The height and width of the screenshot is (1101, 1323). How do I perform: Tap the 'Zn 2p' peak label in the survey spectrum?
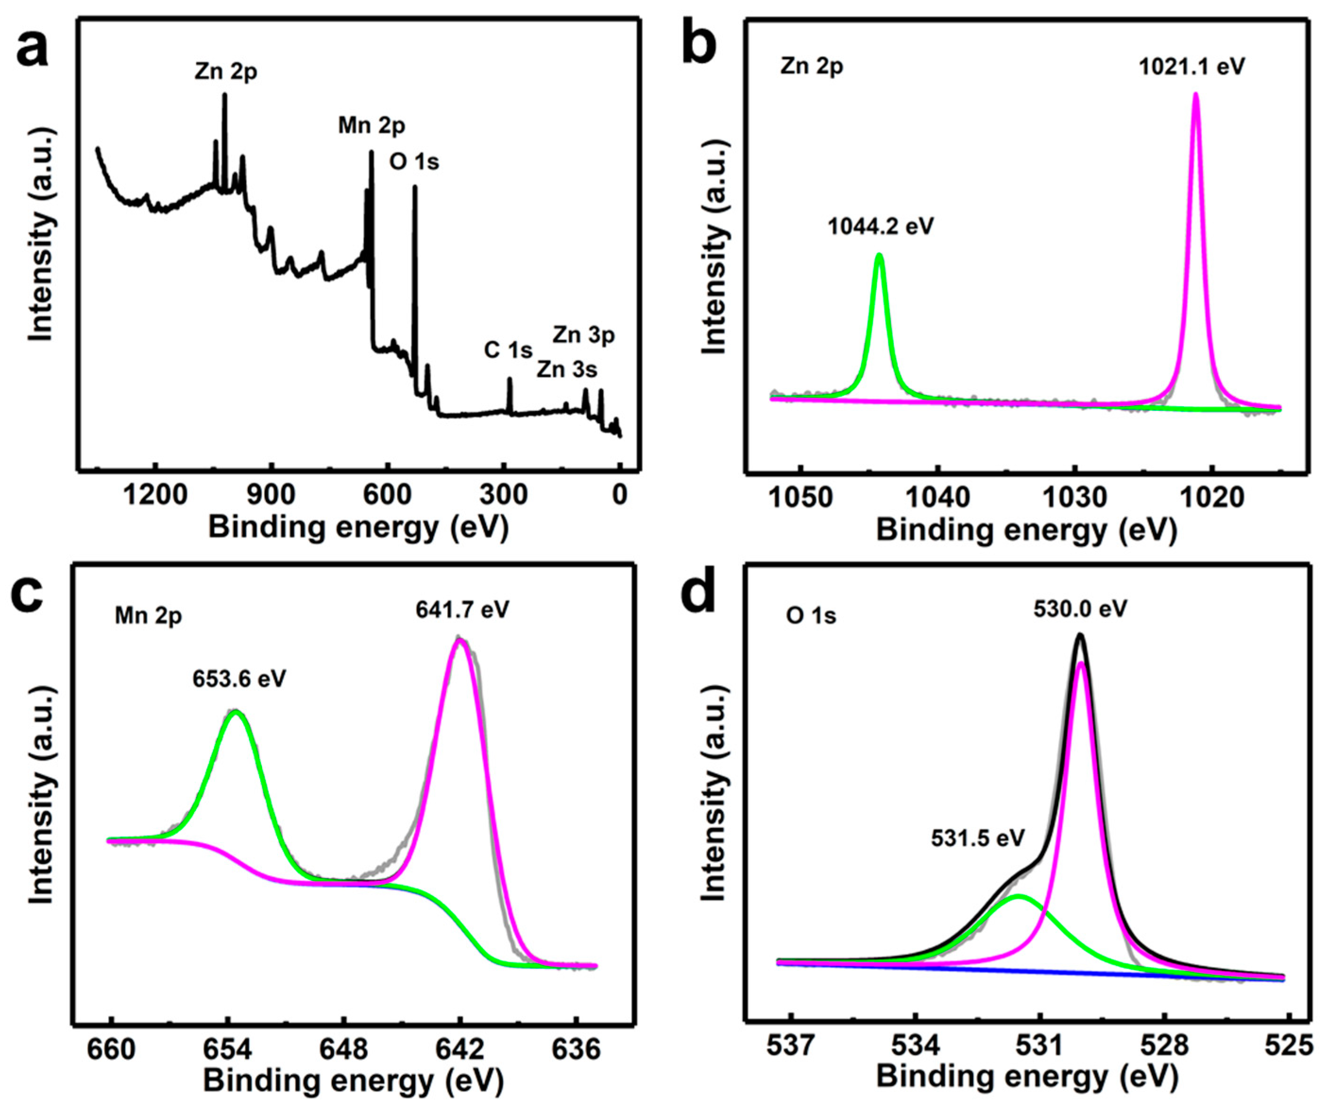pos(226,72)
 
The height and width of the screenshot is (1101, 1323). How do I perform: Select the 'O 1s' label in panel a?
pos(414,162)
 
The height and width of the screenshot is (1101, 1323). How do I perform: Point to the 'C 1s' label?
pos(508,350)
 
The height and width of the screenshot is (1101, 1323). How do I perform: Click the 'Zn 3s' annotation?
pos(567,369)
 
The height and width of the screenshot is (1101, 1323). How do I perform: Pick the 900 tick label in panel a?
pos(271,495)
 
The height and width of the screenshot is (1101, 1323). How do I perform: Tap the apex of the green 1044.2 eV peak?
pos(880,255)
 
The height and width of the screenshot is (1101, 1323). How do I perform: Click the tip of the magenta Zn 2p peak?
pos(1195,94)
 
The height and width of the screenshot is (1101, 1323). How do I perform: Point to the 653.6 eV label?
pos(239,679)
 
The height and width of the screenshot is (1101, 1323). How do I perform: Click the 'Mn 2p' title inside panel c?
pos(148,615)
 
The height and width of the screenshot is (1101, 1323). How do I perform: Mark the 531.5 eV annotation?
pos(978,838)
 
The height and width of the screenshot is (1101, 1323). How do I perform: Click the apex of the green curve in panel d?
pos(1018,896)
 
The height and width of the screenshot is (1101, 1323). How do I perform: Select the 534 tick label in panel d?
pos(915,1047)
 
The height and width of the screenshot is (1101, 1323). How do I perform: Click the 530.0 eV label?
pos(1080,609)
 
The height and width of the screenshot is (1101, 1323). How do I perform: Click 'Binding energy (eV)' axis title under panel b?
pos(1026,530)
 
